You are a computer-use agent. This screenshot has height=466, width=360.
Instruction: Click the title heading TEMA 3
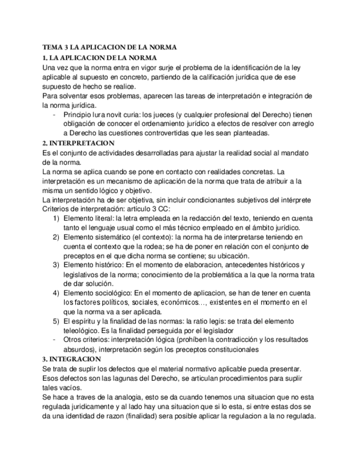[x=109, y=47]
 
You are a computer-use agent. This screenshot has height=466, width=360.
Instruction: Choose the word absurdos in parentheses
[x=80, y=349]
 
